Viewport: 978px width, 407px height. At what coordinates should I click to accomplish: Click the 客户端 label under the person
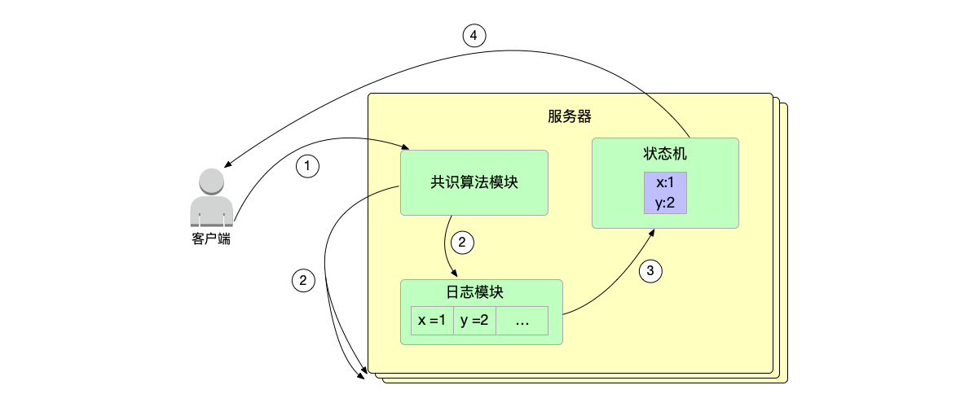(x=211, y=239)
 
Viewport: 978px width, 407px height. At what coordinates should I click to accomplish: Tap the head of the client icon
(x=211, y=182)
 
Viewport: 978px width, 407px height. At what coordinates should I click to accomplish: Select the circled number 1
(x=307, y=166)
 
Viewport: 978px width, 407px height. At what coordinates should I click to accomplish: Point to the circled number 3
(x=650, y=272)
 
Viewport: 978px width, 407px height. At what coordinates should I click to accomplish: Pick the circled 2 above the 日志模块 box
(x=461, y=241)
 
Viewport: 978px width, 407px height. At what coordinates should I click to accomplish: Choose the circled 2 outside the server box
(x=303, y=281)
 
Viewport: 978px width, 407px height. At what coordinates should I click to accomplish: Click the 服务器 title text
(x=570, y=116)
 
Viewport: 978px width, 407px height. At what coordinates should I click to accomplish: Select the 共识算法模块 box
(x=474, y=183)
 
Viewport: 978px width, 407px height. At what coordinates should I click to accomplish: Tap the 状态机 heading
(x=665, y=154)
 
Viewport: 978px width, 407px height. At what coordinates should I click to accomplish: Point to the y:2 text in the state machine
(x=665, y=203)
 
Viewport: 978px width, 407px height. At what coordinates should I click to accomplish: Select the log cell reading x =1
(x=432, y=321)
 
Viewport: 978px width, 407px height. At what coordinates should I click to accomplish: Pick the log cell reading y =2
(x=474, y=321)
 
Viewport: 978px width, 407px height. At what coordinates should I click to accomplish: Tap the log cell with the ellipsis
(x=522, y=321)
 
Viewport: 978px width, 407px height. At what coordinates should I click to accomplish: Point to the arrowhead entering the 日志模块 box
(x=454, y=276)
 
